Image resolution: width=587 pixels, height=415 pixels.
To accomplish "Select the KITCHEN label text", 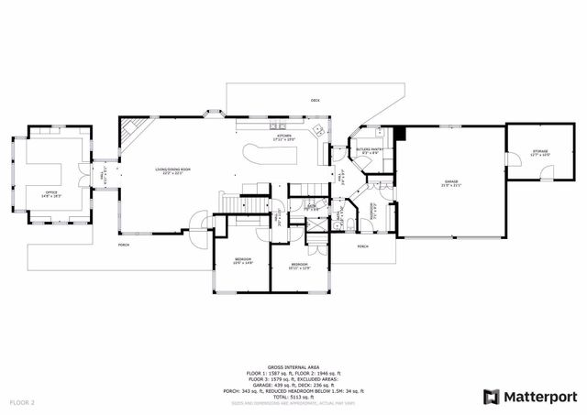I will (285, 137).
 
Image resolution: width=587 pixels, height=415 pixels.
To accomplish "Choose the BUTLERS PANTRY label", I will (371, 150).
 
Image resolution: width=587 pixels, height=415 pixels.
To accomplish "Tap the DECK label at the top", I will (315, 99).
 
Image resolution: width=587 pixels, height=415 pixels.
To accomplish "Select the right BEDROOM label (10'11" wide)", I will (300, 266).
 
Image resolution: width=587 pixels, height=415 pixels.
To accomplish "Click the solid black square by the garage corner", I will (399, 133).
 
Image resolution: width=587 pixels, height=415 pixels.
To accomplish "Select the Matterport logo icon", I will (491, 396).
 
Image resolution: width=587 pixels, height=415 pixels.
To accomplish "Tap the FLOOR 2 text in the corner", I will (22, 401).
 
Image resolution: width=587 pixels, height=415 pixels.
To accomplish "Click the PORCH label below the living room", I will (123, 245).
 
